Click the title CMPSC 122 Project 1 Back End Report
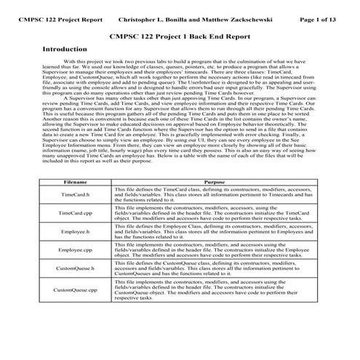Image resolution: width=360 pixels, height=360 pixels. tap(180, 34)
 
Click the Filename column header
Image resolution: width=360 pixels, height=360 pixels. tap(76, 182)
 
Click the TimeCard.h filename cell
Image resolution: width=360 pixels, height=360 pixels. tap(76, 195)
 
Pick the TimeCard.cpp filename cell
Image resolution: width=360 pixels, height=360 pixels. tap(76, 213)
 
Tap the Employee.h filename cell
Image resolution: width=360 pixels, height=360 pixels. tap(76, 231)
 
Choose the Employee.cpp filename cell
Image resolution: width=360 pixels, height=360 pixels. tap(76, 249)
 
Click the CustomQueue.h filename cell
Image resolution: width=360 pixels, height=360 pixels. tap(76, 268)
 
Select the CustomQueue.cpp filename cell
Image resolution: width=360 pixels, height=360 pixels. tap(76, 290)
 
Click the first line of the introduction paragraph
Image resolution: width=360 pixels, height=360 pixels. tap(189, 63)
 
